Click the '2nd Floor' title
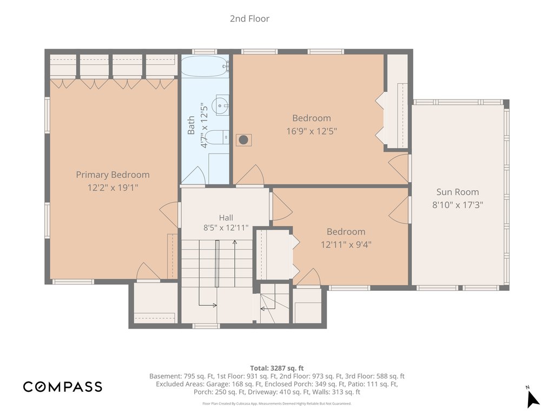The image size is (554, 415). (x=249, y=18)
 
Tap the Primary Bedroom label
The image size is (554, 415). (x=113, y=175)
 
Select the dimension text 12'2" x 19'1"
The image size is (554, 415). (x=113, y=188)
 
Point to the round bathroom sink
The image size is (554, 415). (x=220, y=105)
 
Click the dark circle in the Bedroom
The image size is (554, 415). (x=243, y=140)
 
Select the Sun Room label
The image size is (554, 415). (x=458, y=192)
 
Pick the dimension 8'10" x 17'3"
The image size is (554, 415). (x=458, y=205)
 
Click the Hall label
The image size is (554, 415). (x=226, y=217)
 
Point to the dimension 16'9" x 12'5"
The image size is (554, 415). (x=311, y=131)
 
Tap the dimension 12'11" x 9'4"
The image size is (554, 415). (x=346, y=244)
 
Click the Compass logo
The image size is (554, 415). (x=63, y=387)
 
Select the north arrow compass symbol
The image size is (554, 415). (x=532, y=398)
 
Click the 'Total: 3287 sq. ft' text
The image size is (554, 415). (x=276, y=368)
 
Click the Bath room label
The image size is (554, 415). (x=191, y=125)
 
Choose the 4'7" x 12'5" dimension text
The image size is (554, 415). (x=204, y=125)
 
